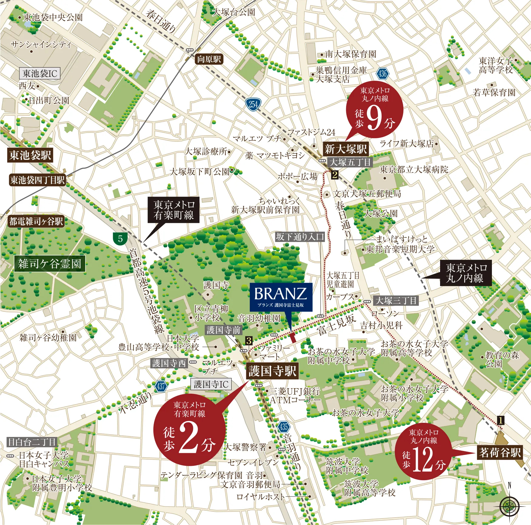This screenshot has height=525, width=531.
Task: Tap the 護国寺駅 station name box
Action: [x=272, y=371]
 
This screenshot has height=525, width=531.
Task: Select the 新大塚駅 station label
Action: [x=346, y=149]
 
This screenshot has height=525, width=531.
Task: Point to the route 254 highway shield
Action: [x=253, y=105]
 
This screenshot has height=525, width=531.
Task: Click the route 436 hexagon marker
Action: [x=382, y=73]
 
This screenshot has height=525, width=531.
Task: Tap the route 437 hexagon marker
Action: [x=161, y=386]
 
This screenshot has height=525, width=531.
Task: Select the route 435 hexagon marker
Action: [x=283, y=427]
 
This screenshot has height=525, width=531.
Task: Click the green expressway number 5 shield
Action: [x=120, y=239]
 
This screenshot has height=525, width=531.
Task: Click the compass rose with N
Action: [x=509, y=506]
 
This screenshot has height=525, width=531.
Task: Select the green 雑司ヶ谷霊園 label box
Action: [x=50, y=264]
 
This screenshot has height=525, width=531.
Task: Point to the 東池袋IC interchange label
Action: [x=40, y=73]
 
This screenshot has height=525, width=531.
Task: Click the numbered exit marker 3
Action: [x=249, y=341]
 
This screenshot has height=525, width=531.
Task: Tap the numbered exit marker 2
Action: [x=335, y=175]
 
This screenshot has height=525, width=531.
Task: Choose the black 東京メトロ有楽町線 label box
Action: [x=174, y=210]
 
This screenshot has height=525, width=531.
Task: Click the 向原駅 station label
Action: [x=209, y=59]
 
